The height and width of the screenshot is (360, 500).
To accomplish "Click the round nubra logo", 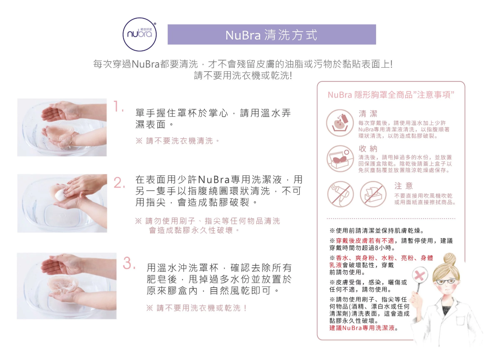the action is point(139,34).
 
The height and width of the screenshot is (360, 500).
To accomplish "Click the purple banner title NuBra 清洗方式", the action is point(272,35).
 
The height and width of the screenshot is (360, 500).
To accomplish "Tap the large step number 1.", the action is point(118,107).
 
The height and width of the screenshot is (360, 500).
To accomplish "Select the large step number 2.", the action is point(119,183).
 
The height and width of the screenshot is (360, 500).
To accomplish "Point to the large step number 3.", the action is point(129,263).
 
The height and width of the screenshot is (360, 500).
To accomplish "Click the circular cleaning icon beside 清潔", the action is point(340,123).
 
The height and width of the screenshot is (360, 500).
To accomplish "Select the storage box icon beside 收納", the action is point(340,159).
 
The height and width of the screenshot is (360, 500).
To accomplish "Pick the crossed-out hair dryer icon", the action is point(340,194).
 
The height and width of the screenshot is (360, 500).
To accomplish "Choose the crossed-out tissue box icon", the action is point(373,194).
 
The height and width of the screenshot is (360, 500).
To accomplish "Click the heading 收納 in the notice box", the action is point(368,149).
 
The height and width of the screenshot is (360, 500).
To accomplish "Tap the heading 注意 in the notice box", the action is point(404,185).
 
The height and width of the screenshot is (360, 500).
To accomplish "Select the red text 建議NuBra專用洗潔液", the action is point(362,328).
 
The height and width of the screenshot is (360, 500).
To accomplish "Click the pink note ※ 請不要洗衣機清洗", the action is point(178,141).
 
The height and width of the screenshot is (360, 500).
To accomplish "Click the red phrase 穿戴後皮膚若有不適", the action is point(365,241).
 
